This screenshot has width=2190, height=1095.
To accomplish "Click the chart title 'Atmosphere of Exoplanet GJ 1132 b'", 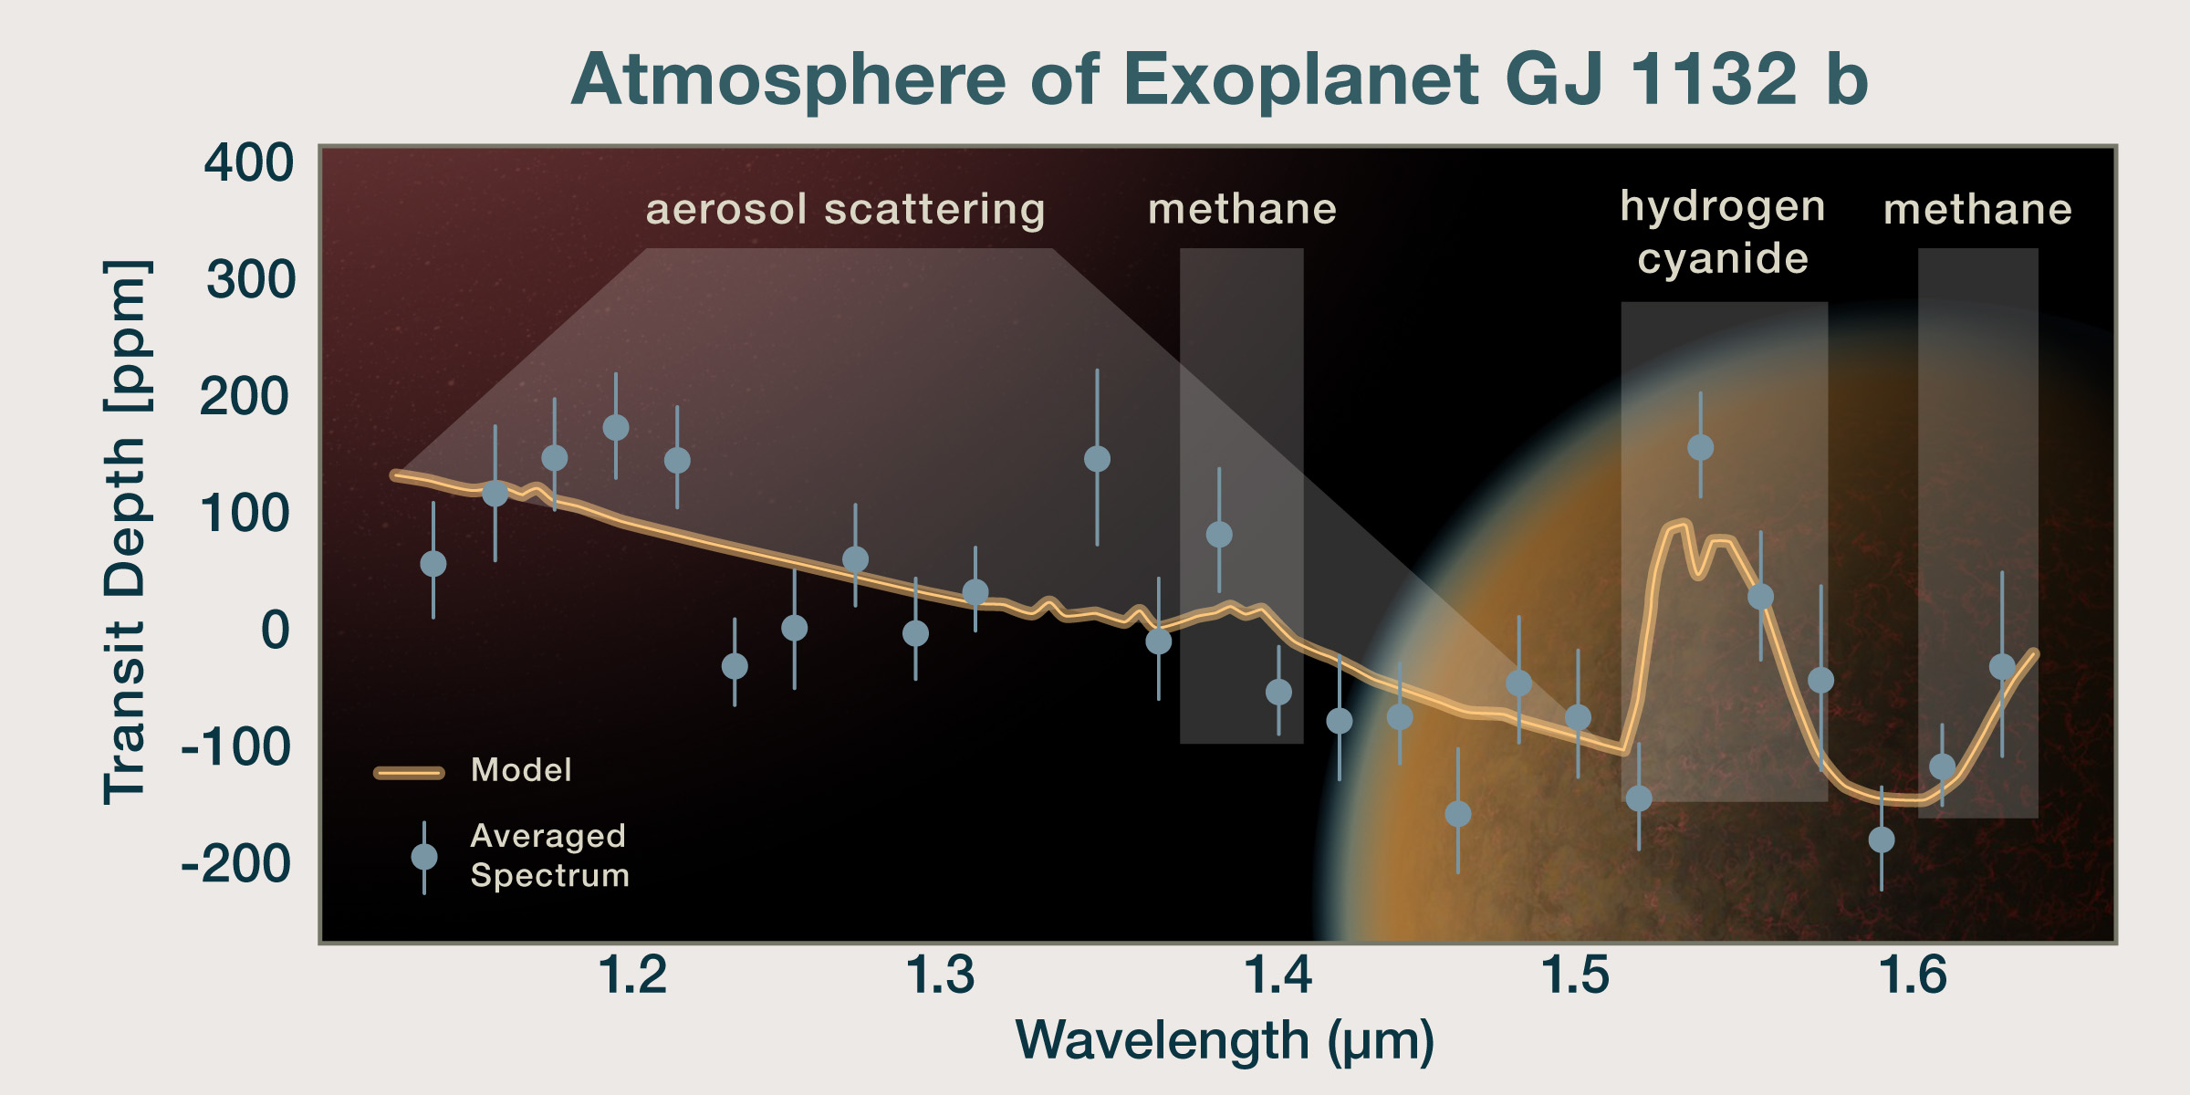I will [1219, 79].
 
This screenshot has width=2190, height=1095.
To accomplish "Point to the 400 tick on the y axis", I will [248, 163].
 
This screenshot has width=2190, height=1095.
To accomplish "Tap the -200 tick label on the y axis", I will [236, 863].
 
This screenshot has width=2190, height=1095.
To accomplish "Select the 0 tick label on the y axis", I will [275, 630].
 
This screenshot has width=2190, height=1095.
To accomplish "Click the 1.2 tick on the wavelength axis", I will [632, 975].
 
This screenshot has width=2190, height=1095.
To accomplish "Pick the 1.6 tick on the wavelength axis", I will [1913, 975].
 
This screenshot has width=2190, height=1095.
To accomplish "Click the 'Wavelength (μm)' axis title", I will [1225, 1040].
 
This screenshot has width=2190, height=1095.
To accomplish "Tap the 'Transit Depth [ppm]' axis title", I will [125, 532].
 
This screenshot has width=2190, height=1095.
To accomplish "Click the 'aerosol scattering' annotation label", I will [845, 209].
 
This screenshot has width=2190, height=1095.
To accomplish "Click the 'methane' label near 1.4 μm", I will [1242, 209].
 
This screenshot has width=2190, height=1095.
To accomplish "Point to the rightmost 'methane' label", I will [1977, 209].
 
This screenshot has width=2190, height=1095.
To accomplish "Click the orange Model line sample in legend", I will [409, 772].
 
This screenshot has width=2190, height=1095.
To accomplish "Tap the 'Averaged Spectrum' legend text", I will [549, 855].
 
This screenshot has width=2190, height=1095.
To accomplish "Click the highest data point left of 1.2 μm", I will [616, 427].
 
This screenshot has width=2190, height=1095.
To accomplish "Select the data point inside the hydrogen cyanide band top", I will [1700, 447].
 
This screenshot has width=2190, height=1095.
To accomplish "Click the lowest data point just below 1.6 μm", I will [1881, 839].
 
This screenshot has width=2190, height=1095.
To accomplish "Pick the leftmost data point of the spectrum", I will [433, 564].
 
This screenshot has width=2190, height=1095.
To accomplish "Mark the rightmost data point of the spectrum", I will [2002, 667].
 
